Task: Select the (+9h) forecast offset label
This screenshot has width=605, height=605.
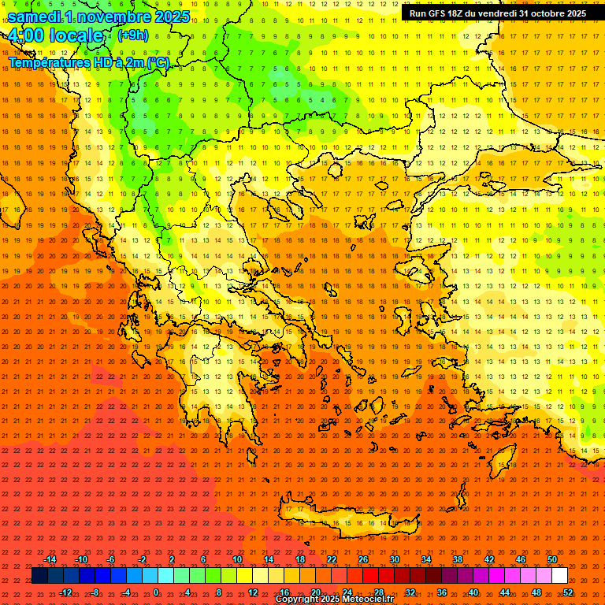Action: [x=132, y=35]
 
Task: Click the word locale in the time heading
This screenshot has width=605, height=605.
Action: [x=76, y=36]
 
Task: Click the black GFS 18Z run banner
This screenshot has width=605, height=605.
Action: [x=498, y=13]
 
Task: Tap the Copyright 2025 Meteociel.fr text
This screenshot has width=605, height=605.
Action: [x=334, y=599]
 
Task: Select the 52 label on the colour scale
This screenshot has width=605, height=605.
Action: [x=568, y=592]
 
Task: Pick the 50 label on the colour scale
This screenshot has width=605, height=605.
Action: [x=552, y=559]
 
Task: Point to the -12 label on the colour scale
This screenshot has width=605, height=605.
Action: [x=65, y=592]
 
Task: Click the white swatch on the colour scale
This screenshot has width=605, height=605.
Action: [x=559, y=576]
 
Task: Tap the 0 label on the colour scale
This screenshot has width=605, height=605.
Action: [x=156, y=592]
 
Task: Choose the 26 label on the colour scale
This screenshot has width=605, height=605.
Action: [x=363, y=559]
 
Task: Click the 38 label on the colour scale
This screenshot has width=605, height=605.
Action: [x=458, y=559]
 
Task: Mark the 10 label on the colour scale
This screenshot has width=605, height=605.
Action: [x=237, y=559]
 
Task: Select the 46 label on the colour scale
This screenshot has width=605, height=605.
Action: [x=521, y=559]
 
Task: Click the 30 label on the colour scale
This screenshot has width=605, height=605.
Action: [x=395, y=559]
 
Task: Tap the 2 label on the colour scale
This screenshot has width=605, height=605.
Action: [x=172, y=559]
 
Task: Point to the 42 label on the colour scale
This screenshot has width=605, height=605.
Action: [x=489, y=559]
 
